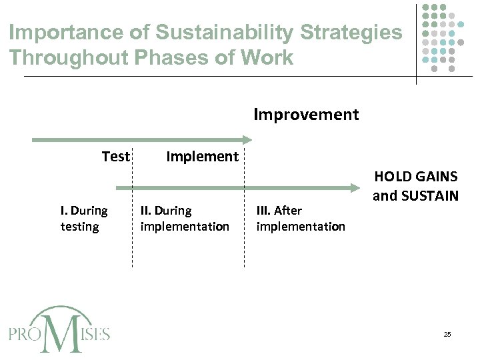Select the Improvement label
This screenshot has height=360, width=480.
(x=306, y=115)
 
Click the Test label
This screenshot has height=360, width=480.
(x=115, y=157)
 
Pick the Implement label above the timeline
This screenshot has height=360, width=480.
(x=202, y=157)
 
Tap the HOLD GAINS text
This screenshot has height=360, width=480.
(x=415, y=177)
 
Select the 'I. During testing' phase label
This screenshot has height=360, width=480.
(x=83, y=219)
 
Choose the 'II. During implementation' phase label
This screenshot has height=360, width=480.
(x=185, y=219)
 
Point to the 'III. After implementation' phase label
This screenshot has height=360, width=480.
(x=301, y=219)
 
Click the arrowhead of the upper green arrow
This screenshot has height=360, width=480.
(x=247, y=140)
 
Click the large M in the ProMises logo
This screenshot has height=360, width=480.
(x=61, y=331)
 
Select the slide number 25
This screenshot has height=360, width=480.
(x=447, y=334)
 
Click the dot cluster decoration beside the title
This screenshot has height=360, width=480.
(x=443, y=37)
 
